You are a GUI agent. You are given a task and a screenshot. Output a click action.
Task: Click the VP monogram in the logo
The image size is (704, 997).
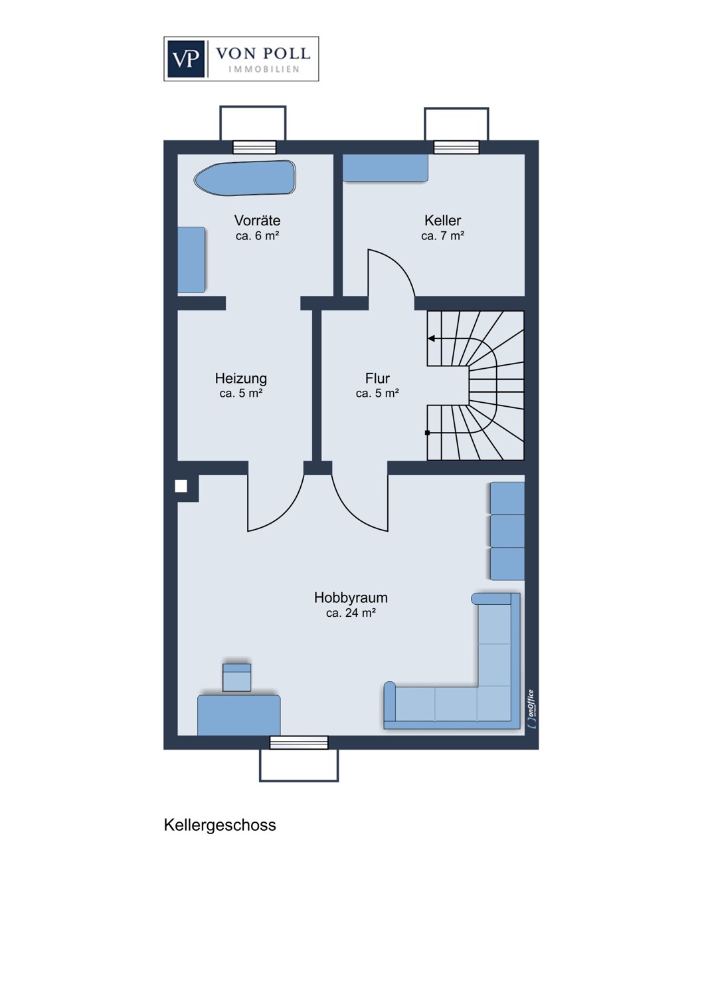point(185,58)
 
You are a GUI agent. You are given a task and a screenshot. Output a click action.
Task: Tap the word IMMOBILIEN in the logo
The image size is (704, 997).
point(264,69)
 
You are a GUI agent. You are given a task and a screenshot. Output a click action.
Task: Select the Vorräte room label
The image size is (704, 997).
point(257,220)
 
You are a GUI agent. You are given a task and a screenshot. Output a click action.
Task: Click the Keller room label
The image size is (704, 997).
point(442,220)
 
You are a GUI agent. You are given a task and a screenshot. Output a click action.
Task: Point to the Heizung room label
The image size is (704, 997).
point(241,378)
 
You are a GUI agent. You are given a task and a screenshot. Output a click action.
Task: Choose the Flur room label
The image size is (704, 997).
point(377,378)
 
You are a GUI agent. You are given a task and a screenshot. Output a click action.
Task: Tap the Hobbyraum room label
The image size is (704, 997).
point(351,598)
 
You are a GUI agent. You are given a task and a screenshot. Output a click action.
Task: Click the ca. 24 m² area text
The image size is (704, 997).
point(351,613)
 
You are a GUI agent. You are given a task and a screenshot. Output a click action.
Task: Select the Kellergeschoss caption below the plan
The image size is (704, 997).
point(220,825)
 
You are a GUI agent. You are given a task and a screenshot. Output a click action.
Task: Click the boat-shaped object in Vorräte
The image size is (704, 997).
point(244,178)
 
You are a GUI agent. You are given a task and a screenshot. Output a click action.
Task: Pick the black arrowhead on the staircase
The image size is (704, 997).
point(432,339)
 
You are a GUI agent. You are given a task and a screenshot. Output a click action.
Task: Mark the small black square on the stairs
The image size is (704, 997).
point(427,433)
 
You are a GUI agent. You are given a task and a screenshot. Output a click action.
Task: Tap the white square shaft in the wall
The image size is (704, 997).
point(181,486)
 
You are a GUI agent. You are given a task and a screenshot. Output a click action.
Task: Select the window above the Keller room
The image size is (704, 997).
point(456,147)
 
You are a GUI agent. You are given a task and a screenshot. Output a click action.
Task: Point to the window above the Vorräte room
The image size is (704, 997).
point(254,147)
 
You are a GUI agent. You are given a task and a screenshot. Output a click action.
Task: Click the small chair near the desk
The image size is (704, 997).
point(236,677)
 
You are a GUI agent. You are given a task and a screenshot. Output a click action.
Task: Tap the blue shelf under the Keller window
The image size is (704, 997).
point(385,167)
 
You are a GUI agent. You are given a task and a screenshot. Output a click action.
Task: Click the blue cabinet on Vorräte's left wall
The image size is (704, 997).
point(191,260)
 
